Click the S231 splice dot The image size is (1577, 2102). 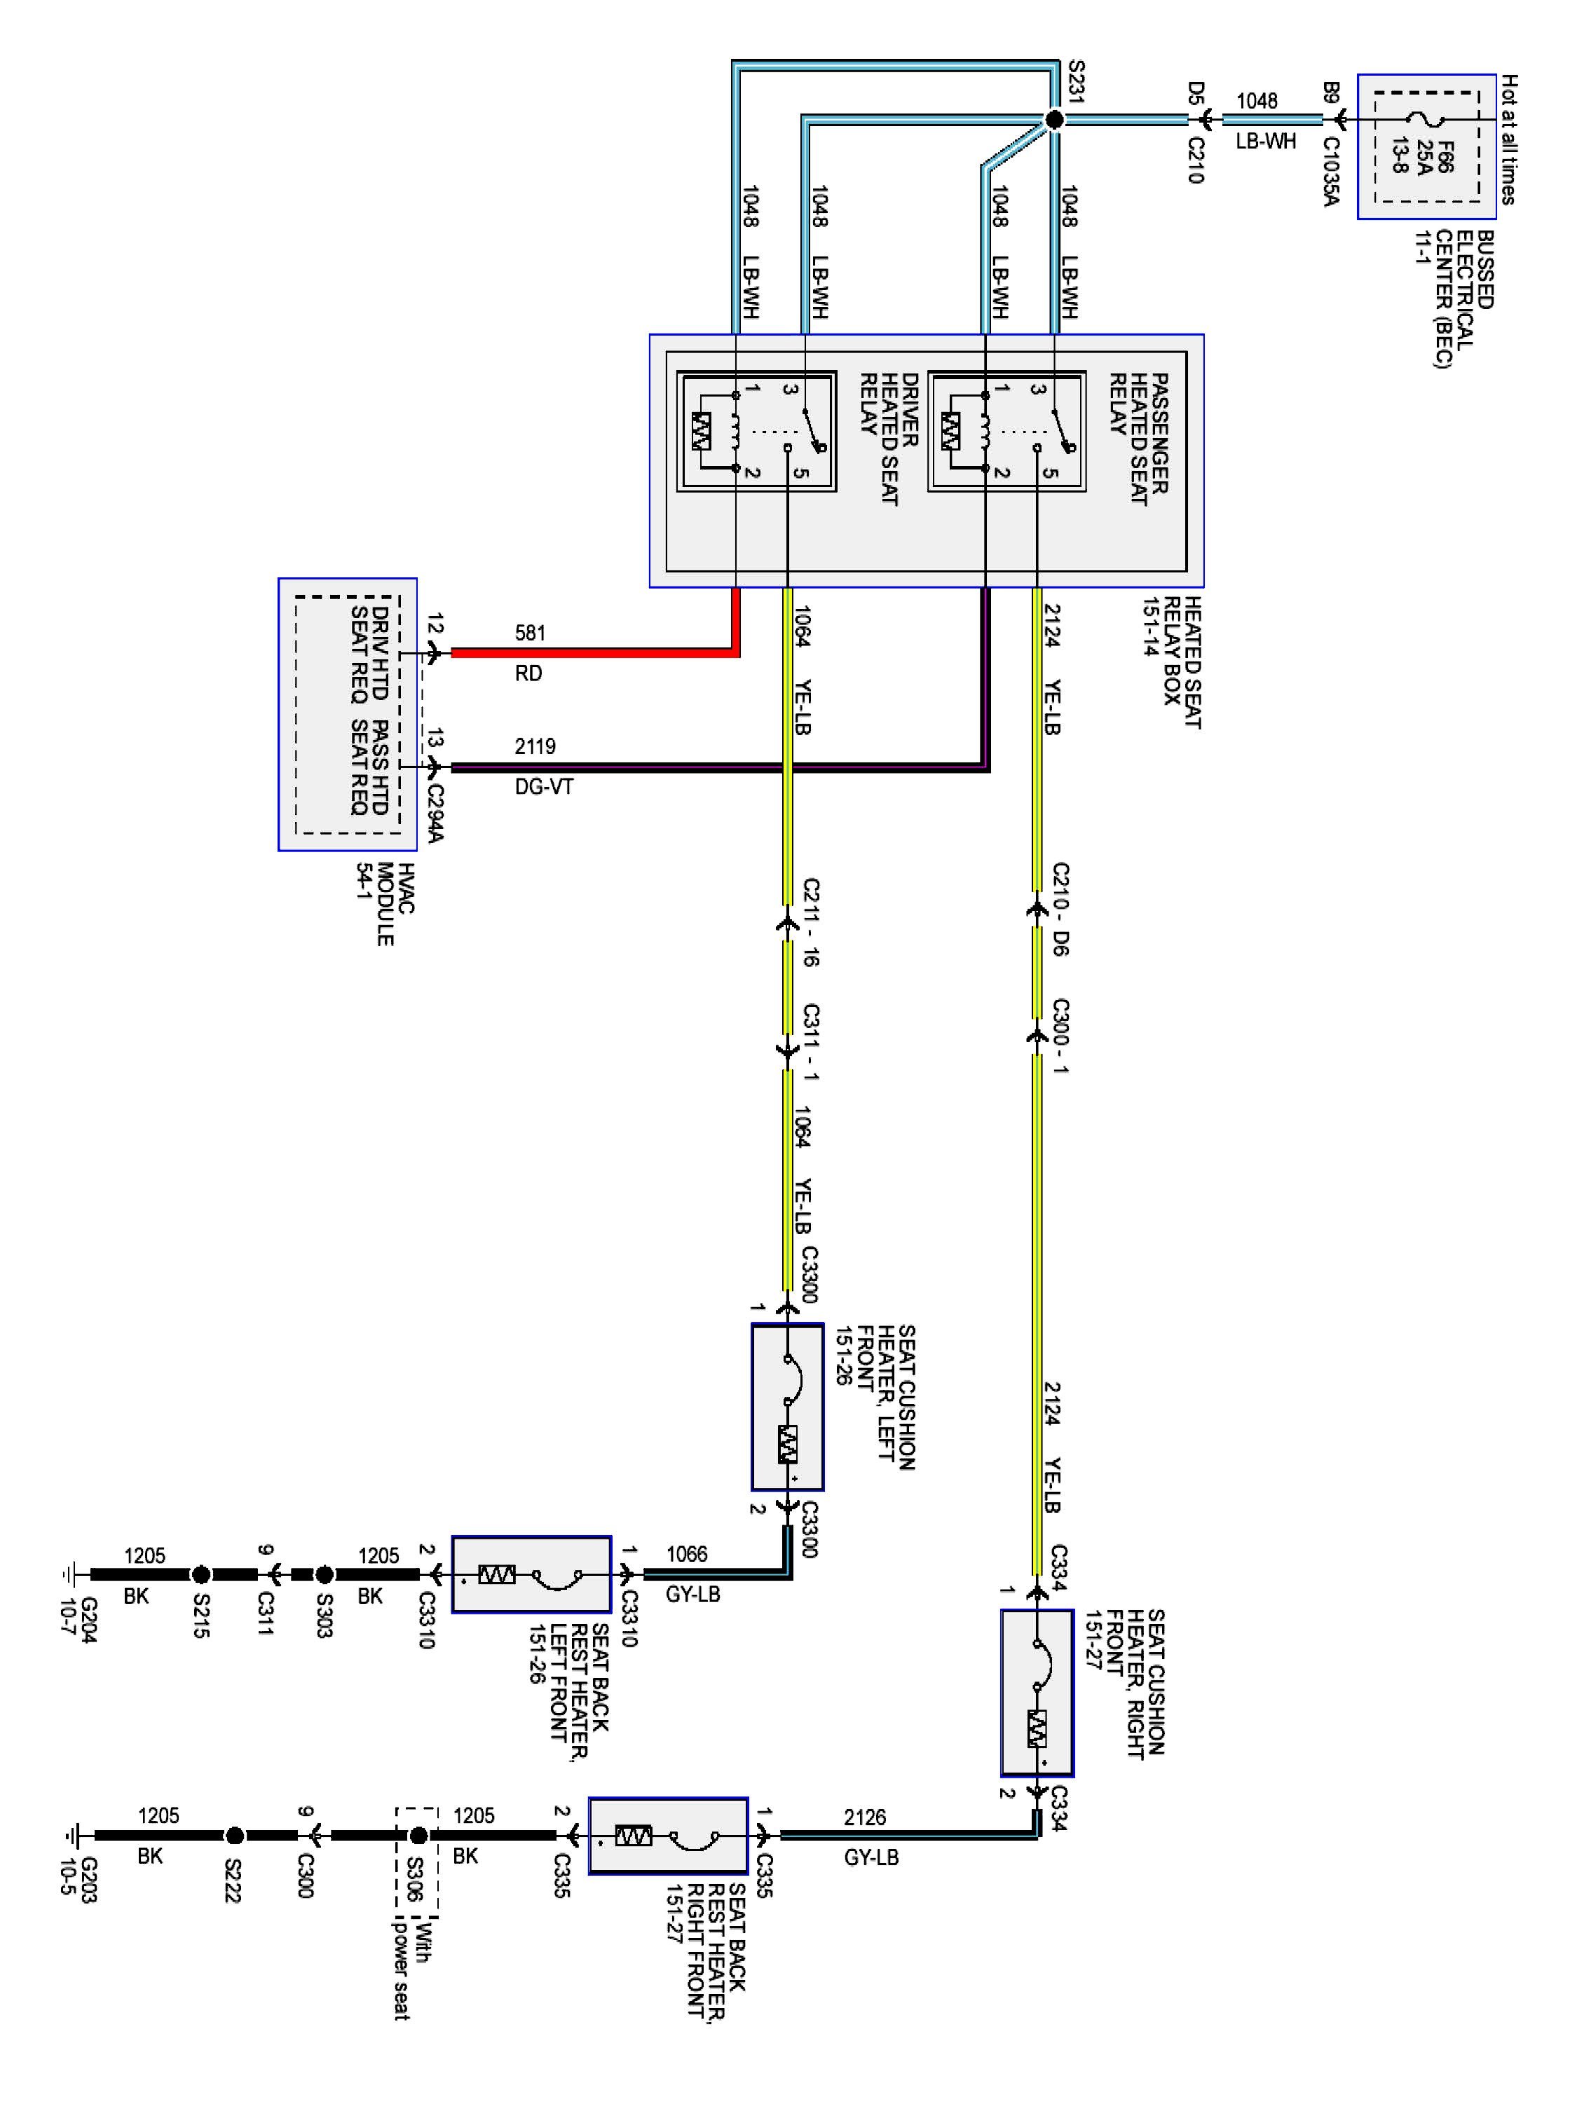click(1053, 120)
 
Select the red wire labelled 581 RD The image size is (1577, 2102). click(589, 653)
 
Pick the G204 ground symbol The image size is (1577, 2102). click(69, 1574)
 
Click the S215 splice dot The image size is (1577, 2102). click(200, 1574)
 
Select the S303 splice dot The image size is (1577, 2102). click(323, 1574)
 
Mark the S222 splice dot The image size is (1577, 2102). click(234, 1835)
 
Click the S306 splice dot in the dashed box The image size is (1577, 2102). click(417, 1835)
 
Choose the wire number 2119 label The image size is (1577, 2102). click(535, 746)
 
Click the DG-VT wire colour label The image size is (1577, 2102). click(544, 787)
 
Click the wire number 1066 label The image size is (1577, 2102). click(686, 1553)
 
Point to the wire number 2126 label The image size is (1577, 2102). click(864, 1817)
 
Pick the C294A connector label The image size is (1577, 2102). click(435, 813)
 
